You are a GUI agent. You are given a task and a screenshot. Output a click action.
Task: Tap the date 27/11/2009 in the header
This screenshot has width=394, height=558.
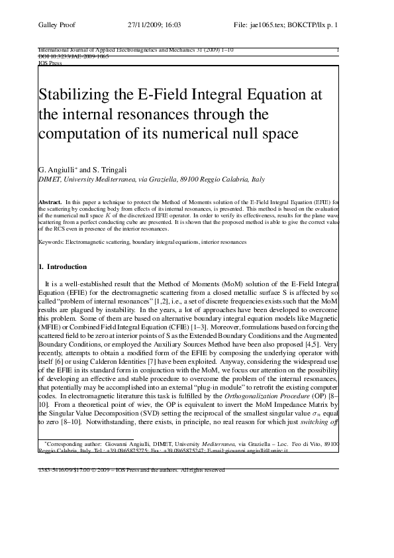pos(146,25)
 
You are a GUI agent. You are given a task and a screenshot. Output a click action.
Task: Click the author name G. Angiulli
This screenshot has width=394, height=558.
pos(58,170)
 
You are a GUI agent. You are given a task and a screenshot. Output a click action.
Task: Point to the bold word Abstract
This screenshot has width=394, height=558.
pos(50,200)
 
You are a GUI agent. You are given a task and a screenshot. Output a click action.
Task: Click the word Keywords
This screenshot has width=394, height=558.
pos(52,243)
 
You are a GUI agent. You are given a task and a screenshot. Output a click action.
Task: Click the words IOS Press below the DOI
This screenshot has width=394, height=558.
pos(50,64)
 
